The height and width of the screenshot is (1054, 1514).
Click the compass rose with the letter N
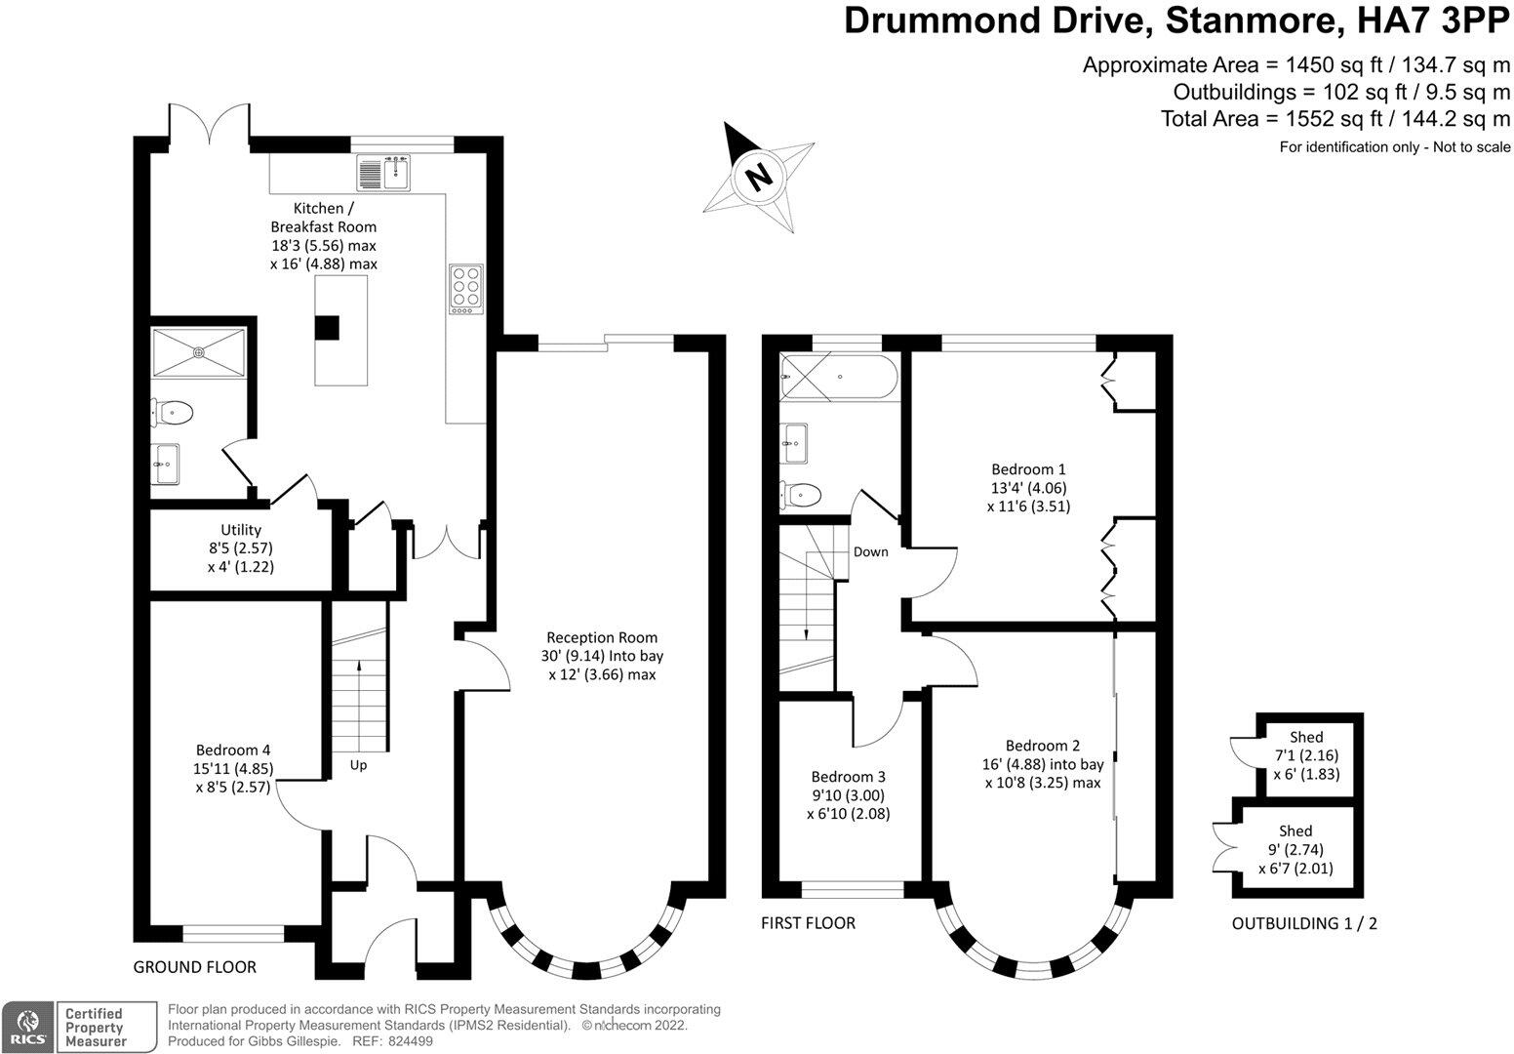(x=758, y=177)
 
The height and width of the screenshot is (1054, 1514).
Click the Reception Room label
(x=601, y=656)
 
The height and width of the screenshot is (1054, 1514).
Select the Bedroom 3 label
(x=848, y=794)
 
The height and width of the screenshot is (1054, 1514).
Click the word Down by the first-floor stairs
(x=870, y=552)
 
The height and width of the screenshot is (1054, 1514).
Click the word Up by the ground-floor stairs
(x=358, y=765)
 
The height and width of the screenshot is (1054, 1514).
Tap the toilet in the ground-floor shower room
(x=173, y=414)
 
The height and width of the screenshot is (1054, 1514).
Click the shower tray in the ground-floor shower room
(x=200, y=351)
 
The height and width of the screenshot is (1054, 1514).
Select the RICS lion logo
(x=28, y=1027)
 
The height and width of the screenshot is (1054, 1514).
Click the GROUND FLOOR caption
(x=194, y=967)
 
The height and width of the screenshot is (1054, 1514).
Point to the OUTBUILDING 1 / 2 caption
(x=1304, y=923)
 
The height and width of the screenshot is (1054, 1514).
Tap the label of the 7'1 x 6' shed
(x=1306, y=755)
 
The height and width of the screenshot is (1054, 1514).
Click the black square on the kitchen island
(x=327, y=328)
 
